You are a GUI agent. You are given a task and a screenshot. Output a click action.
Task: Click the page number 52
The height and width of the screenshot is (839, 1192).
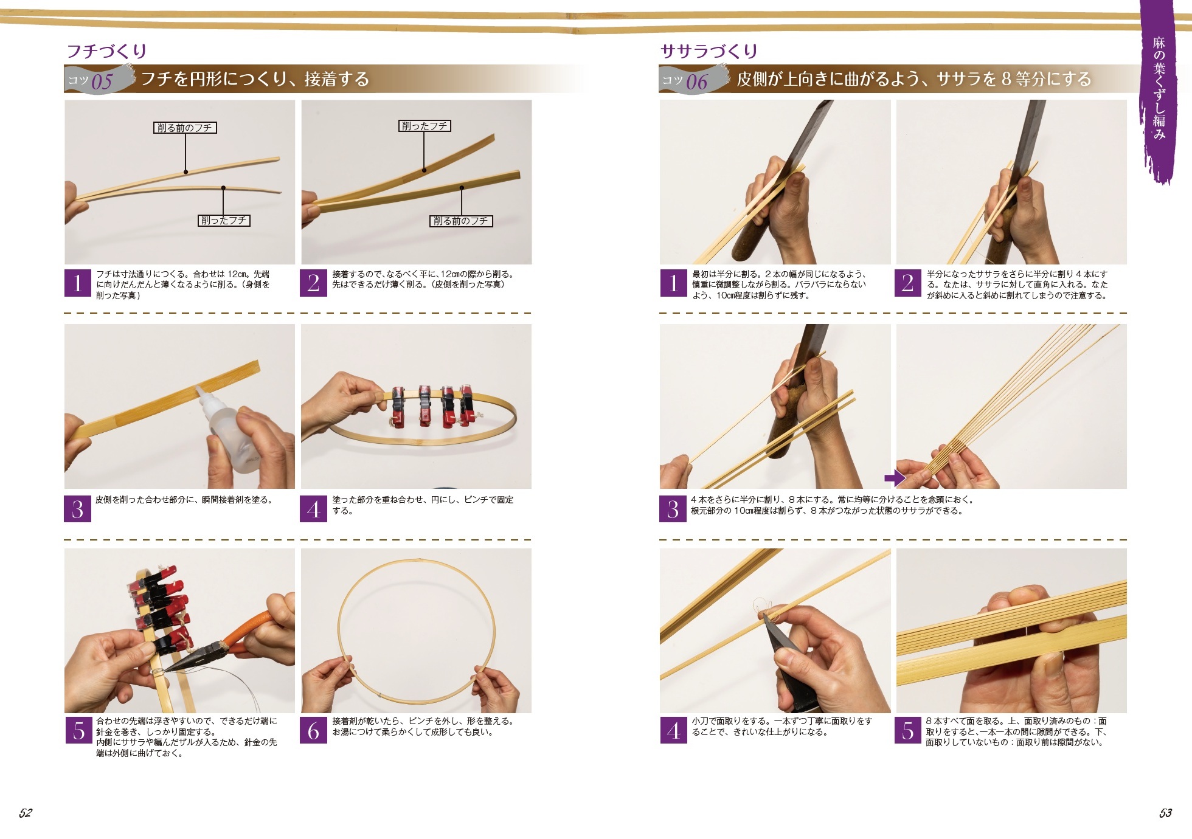(x=25, y=813)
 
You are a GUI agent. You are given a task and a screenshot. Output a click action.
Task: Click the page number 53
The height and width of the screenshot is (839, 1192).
(x=1165, y=813)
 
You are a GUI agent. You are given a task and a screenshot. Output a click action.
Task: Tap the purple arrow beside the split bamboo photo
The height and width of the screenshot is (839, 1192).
(x=895, y=478)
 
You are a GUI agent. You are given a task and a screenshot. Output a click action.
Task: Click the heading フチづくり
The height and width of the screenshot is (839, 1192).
(x=106, y=50)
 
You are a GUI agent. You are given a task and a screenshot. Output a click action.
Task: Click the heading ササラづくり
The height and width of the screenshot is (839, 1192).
(x=709, y=50)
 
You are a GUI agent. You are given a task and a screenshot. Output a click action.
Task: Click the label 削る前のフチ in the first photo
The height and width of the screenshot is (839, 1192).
(x=185, y=128)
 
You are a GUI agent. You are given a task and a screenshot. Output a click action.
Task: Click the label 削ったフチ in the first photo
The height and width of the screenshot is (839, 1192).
(x=224, y=220)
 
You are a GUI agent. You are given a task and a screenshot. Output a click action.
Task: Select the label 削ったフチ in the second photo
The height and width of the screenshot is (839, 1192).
(x=424, y=126)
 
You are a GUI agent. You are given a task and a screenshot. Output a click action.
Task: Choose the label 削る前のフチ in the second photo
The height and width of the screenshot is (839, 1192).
(x=461, y=221)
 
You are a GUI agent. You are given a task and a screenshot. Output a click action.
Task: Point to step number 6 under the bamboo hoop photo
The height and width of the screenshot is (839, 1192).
(x=313, y=730)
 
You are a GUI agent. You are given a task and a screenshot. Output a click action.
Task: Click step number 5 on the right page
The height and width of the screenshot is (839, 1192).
(x=907, y=730)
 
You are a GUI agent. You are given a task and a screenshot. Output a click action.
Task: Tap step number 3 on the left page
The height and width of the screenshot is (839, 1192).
(x=77, y=509)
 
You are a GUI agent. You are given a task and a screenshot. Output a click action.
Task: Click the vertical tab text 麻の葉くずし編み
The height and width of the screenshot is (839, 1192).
(x=1159, y=88)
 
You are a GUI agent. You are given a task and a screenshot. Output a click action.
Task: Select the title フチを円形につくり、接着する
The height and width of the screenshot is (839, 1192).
(x=255, y=79)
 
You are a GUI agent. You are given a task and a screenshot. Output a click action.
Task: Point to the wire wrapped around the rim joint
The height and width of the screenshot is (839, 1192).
(x=156, y=672)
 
